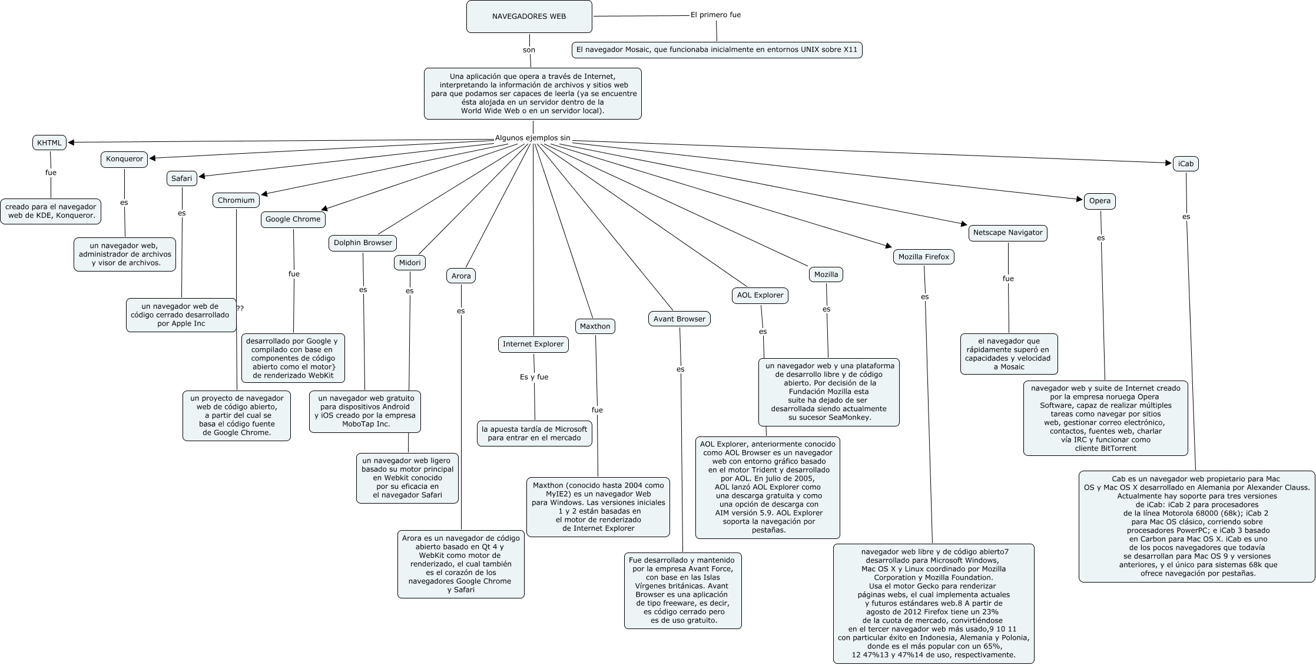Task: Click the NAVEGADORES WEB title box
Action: click(529, 16)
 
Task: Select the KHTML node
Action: click(49, 143)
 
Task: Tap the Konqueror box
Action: click(124, 159)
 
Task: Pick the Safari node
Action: click(181, 178)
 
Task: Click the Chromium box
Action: click(236, 200)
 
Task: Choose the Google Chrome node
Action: click(293, 219)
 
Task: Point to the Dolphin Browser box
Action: click(363, 243)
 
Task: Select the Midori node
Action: click(410, 263)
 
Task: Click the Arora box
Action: click(461, 276)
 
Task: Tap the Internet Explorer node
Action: click(533, 344)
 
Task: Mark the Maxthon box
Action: click(595, 326)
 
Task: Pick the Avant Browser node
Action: click(679, 319)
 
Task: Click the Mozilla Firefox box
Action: click(923, 257)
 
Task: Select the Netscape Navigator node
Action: click(1007, 233)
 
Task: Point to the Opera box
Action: click(1099, 201)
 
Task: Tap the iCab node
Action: click(1185, 164)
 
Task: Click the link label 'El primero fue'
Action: click(715, 15)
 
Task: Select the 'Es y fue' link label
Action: click(534, 377)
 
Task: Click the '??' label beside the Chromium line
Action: click(240, 308)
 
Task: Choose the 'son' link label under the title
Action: click(529, 50)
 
